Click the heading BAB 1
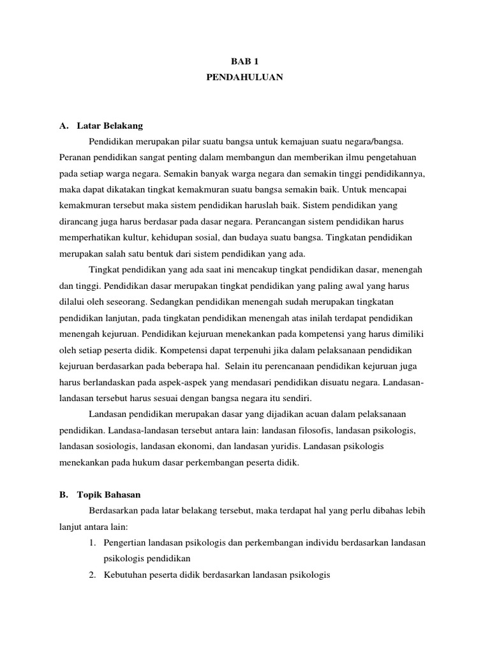[245, 62]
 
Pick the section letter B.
[63, 494]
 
